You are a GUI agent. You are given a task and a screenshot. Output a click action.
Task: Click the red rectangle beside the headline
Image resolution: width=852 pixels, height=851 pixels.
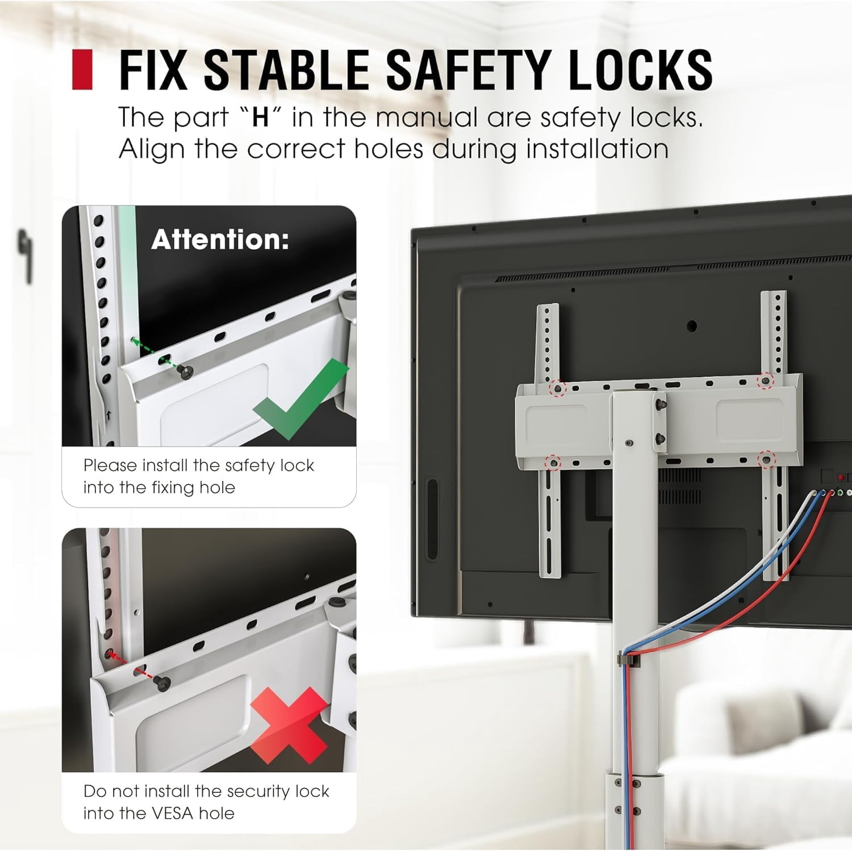(x=82, y=69)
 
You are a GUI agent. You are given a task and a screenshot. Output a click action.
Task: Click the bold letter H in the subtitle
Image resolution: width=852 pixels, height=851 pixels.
(x=260, y=118)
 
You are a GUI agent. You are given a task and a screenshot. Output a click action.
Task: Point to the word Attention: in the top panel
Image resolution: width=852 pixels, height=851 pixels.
(x=220, y=240)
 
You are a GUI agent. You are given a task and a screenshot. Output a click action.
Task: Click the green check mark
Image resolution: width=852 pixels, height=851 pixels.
(x=301, y=399)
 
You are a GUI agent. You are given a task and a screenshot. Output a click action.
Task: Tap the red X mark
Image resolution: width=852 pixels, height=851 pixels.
(x=289, y=725)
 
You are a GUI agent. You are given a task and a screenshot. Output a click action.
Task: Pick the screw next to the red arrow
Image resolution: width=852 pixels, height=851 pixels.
(x=162, y=684)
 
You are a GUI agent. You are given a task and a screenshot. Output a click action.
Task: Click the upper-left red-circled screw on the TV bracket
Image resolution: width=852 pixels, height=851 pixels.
(x=558, y=388)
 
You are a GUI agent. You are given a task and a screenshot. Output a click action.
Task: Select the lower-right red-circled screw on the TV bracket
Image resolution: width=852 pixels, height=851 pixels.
(x=766, y=460)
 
